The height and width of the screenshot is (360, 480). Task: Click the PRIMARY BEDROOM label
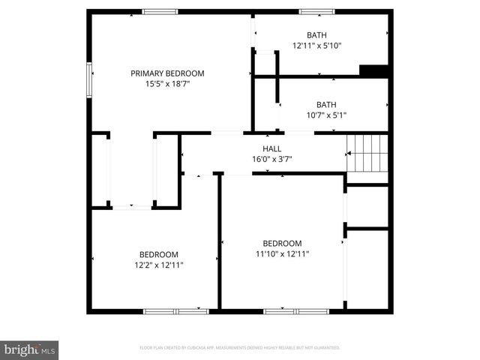167,73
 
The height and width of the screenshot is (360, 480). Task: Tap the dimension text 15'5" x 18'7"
167,84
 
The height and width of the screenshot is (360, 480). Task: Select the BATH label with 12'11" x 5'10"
316,35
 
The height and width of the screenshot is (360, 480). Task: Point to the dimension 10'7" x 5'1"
326,115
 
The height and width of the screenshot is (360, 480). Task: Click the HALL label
271,148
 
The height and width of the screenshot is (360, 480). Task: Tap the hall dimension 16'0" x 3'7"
271,159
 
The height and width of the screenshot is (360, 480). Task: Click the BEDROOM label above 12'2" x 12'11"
159,254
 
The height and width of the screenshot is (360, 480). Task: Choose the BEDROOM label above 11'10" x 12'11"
282,244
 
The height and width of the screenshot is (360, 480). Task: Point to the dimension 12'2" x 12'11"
159,265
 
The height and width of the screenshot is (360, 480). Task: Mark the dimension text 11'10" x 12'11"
282,254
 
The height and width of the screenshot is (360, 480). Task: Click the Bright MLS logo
30,349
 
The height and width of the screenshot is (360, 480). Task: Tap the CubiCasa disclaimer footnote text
240,348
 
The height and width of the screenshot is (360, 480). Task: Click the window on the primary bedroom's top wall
160,11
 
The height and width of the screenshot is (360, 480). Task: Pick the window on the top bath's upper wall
316,11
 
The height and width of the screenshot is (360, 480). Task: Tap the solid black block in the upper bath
373,71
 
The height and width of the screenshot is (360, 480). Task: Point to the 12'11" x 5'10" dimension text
316,46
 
